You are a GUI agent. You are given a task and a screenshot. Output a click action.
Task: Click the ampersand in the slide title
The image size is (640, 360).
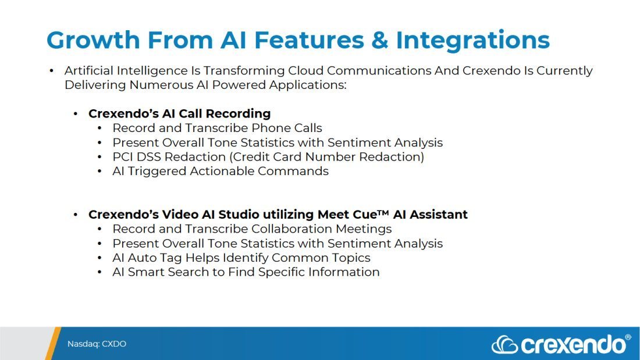point(379,40)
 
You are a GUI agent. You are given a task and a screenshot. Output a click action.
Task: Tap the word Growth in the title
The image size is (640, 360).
point(94,40)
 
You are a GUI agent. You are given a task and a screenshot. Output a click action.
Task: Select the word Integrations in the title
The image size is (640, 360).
point(472,41)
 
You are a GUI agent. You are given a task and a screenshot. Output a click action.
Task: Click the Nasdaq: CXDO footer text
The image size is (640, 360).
point(97,344)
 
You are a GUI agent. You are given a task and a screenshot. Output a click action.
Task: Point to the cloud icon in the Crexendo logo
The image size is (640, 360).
point(505,344)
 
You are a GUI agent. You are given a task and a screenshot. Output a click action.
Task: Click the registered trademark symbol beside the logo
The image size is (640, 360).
point(628,337)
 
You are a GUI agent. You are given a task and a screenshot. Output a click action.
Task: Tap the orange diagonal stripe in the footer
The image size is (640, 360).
point(53,343)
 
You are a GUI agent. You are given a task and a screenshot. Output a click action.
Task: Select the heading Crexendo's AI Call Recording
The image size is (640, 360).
point(180,113)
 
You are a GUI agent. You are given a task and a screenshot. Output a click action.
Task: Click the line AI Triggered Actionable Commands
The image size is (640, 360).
point(221,171)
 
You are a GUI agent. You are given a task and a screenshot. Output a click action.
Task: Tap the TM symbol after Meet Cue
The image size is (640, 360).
point(383,212)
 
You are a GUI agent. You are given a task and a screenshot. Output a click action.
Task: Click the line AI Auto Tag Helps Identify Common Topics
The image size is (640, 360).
point(241,258)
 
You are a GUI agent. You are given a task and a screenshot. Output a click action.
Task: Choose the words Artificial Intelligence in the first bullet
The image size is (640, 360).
point(126,71)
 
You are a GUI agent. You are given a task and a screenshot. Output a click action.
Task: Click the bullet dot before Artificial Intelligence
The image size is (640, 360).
point(51,71)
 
